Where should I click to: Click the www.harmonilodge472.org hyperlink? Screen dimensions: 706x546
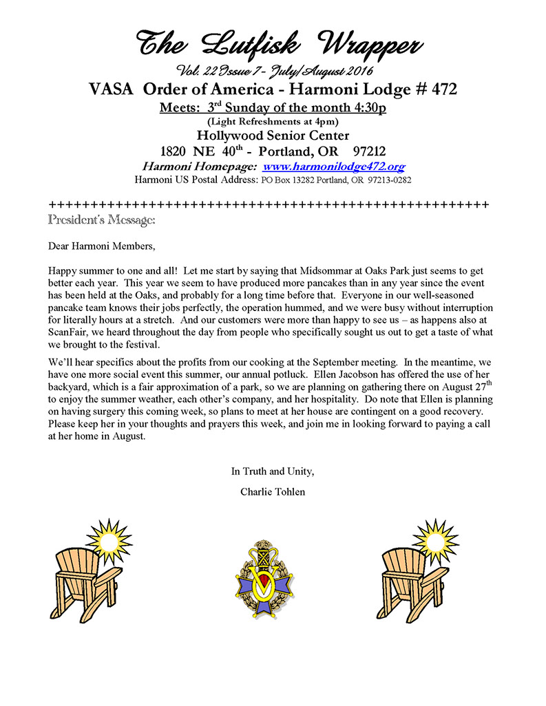[333, 167]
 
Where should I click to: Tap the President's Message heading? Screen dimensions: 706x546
[102, 220]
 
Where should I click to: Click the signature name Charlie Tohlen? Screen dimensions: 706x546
[272, 492]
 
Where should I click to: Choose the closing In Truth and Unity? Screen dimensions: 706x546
[272, 472]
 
